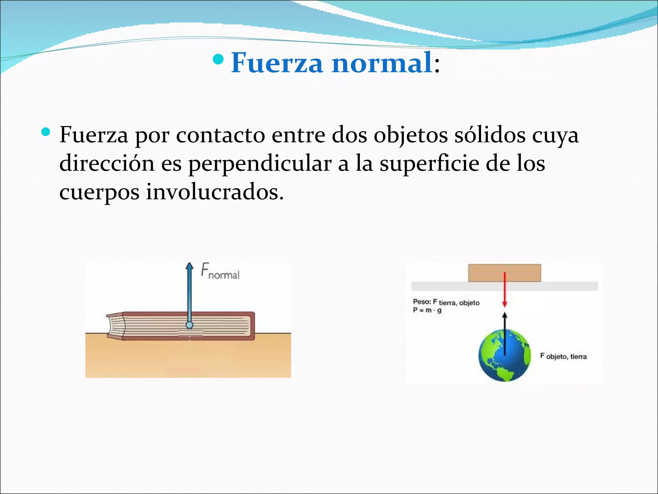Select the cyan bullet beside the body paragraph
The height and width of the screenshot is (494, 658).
point(46,132)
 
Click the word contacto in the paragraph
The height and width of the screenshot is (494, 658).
point(220,135)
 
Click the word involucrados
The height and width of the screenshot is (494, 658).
point(215,192)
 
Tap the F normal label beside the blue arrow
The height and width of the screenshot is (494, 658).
point(220,272)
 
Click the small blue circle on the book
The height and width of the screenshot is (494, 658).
point(190,325)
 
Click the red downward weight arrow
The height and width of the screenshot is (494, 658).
point(504,289)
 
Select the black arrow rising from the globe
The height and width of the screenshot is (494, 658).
point(505,333)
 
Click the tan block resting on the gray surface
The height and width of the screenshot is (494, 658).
point(504,273)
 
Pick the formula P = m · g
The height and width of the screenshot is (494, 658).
point(427,310)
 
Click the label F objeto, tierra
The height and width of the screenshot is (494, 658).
point(564,356)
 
